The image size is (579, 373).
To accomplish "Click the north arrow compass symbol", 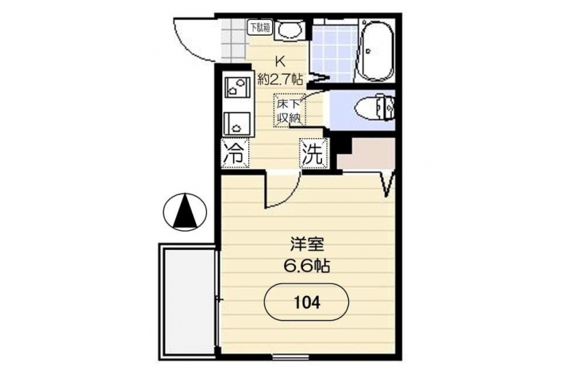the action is (184, 213).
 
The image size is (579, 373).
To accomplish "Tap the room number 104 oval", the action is (306, 303).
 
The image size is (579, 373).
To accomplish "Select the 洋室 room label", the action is (307, 244).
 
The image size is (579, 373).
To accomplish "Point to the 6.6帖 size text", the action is (306, 265).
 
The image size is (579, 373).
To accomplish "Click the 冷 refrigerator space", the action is (236, 153).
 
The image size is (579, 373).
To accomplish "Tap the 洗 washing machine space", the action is (313, 154).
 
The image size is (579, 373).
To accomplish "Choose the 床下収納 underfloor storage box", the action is (289, 111).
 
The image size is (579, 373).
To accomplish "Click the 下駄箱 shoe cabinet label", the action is (259, 27).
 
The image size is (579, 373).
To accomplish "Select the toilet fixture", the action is (374, 108).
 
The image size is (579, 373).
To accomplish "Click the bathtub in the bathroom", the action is (377, 51).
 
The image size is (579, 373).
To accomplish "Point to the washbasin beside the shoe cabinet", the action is (289, 29).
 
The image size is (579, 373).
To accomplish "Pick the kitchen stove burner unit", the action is (237, 87).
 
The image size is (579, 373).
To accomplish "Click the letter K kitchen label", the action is (279, 61).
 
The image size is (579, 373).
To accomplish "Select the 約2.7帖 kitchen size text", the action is (280, 79).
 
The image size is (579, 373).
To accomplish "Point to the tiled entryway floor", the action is (234, 40).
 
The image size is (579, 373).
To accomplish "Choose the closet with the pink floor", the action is (366, 154).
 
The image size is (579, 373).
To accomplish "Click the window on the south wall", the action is (290, 357).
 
